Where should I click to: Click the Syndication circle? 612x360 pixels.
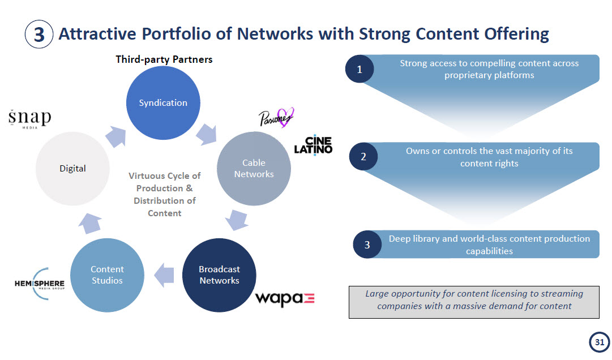(163, 102)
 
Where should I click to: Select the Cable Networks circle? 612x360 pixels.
(254, 169)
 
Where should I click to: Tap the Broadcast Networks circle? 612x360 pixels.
(219, 275)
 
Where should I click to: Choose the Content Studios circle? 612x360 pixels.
(107, 275)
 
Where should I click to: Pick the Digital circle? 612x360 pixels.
(72, 168)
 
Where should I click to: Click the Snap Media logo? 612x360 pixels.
(29, 119)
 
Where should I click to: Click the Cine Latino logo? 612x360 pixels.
(313, 145)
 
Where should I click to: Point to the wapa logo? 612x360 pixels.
(284, 299)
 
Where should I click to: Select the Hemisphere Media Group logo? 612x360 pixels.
(40, 281)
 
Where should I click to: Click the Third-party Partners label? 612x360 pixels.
(164, 59)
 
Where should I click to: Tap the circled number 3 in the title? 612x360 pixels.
(39, 35)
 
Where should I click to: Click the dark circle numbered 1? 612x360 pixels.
(359, 70)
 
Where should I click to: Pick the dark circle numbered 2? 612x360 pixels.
(363, 157)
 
